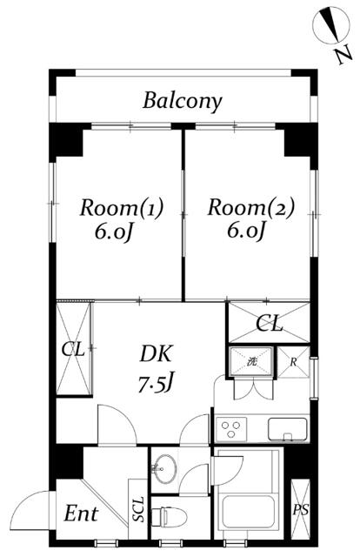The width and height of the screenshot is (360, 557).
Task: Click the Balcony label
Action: point(182,101)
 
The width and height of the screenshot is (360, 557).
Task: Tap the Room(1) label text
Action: point(122,208)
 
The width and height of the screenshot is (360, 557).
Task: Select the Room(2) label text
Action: point(251,208)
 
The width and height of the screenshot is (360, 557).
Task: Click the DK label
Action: point(157,353)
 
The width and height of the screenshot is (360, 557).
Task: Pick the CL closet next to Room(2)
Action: point(269,323)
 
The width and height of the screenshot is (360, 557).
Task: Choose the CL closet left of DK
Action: point(74,348)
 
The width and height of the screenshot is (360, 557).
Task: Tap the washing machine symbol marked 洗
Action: point(251,362)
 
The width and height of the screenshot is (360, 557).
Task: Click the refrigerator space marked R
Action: point(293,362)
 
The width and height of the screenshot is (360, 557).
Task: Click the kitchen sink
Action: point(288,429)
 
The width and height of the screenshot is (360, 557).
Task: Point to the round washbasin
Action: point(164,468)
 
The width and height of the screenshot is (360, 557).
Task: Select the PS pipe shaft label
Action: point(300,510)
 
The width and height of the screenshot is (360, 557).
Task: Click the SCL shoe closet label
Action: point(138,509)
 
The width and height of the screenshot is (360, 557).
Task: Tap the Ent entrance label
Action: point(81,513)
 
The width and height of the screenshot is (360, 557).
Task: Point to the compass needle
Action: point(331,24)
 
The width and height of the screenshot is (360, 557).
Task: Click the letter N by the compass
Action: point(343,54)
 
